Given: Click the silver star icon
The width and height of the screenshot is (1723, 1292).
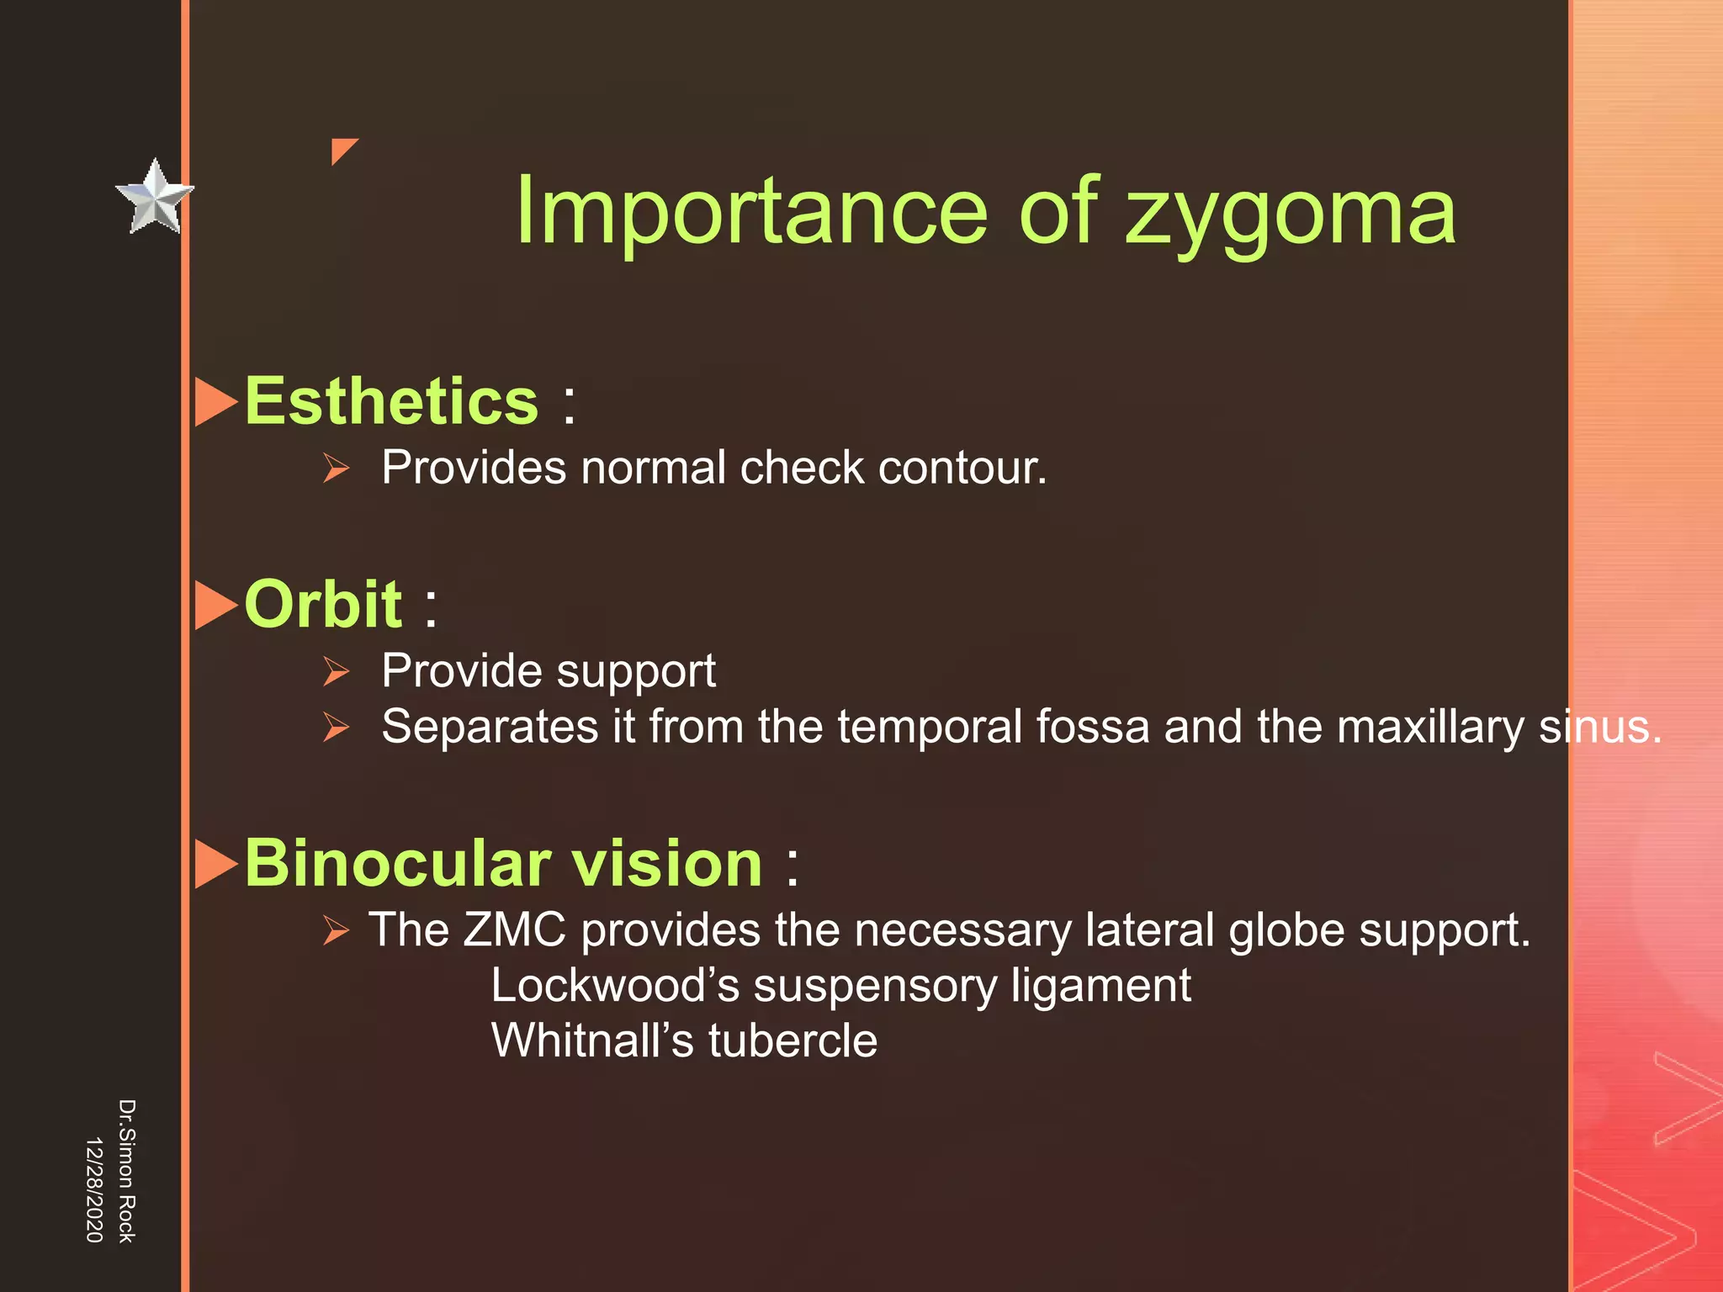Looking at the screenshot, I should [x=154, y=198].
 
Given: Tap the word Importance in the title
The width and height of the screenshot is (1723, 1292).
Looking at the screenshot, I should [x=750, y=212].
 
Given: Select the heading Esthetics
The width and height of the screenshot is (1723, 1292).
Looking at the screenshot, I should [x=391, y=401].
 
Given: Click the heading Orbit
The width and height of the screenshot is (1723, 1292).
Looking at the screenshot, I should [x=323, y=604].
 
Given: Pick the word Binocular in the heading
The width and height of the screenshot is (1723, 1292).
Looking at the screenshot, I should [x=399, y=864].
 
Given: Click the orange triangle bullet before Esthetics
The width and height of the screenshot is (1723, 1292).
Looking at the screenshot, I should [x=215, y=402].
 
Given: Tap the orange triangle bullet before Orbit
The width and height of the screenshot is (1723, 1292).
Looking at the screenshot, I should [x=215, y=605].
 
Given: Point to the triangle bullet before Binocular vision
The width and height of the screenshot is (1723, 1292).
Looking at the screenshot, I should [x=215, y=864].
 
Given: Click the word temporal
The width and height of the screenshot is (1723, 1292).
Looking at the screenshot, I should [x=929, y=727].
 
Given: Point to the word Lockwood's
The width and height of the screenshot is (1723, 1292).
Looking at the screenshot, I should [x=614, y=986].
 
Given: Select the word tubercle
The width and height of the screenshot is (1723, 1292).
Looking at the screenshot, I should [x=793, y=1041].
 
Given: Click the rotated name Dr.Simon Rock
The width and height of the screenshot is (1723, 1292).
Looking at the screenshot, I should [x=126, y=1170].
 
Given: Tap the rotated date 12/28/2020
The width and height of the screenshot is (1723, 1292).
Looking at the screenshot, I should [x=94, y=1189].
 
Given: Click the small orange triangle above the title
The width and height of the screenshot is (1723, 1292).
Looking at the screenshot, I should [x=342, y=150].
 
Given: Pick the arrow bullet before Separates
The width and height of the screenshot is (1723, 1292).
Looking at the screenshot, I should [x=336, y=728].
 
